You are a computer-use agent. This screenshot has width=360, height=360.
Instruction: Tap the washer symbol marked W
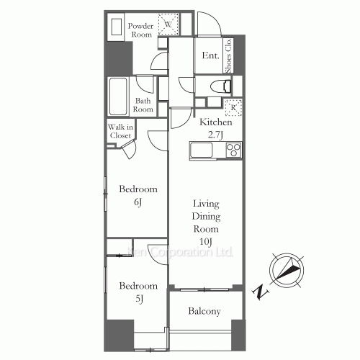pyautogui.click(x=168, y=24)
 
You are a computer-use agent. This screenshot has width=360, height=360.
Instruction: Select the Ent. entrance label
pyautogui.click(x=210, y=55)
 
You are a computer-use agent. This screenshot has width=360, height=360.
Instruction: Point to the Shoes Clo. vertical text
pyautogui.click(x=228, y=55)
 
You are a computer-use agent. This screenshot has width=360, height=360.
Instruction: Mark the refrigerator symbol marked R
pyautogui.click(x=233, y=108)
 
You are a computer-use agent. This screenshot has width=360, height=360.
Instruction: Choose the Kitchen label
pyautogui.click(x=215, y=123)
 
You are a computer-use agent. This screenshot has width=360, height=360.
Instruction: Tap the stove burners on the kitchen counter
pyautogui.click(x=233, y=150)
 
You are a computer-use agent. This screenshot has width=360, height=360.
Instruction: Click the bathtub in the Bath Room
pyautogui.click(x=119, y=94)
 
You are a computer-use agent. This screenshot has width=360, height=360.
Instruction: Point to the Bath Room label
pyautogui.click(x=145, y=105)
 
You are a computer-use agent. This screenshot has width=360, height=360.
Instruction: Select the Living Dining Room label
pyautogui.click(x=206, y=216)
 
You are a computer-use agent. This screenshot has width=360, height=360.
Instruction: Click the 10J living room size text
pyautogui.click(x=206, y=241)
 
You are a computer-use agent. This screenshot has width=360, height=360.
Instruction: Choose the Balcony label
pyautogui.click(x=204, y=312)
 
